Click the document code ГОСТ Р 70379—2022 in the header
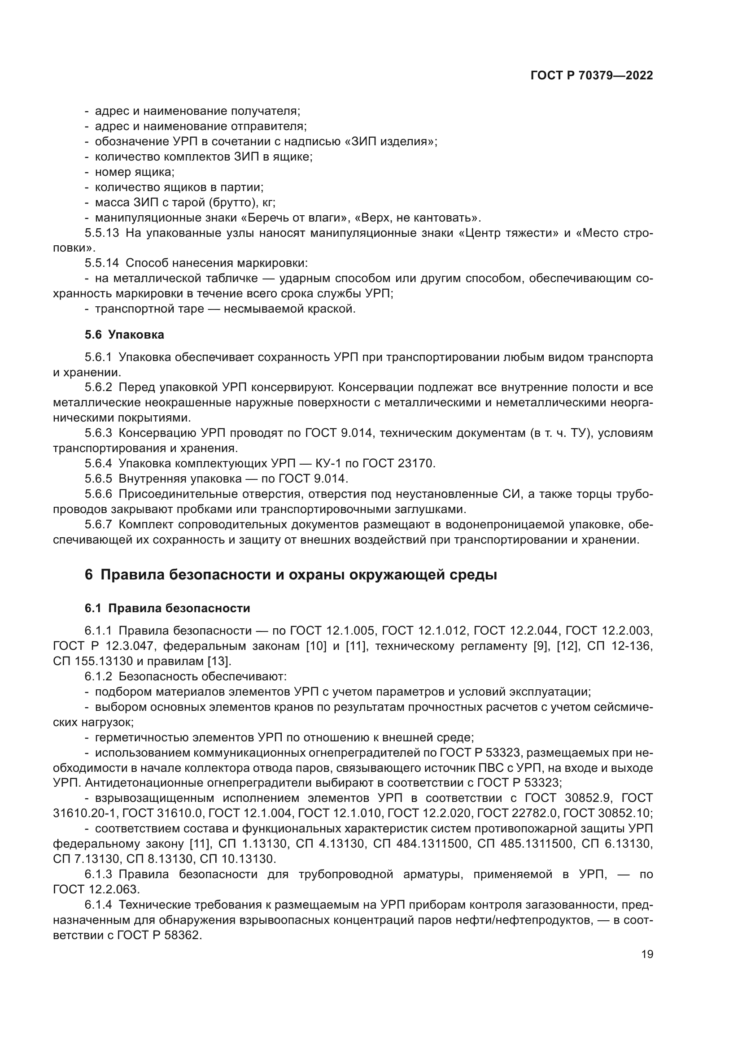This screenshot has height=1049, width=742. pyautogui.click(x=592, y=76)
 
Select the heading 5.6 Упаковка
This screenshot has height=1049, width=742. pyautogui.click(x=124, y=335)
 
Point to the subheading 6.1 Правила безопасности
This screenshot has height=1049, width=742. pyautogui.click(x=167, y=608)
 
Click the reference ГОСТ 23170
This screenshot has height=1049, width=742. pyautogui.click(x=398, y=464)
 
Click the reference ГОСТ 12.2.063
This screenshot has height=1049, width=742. pyautogui.click(x=96, y=889)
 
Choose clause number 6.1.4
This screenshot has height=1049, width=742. pyautogui.click(x=98, y=905)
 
